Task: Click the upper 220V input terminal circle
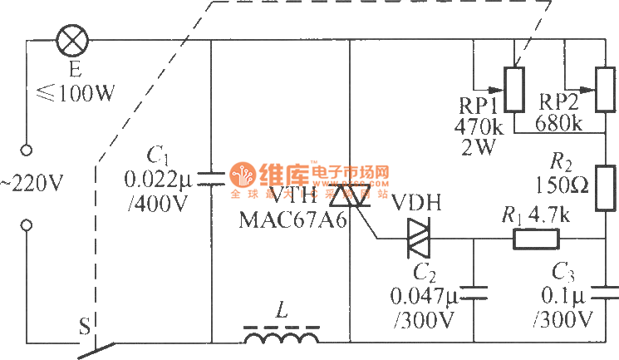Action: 26,150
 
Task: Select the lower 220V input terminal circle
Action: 26,224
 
